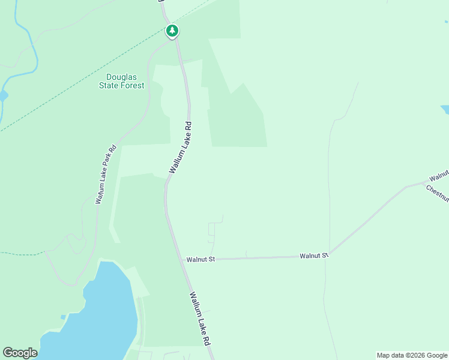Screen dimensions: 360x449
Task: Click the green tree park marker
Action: [172, 31]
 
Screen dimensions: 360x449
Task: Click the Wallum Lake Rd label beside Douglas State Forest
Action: [180, 148]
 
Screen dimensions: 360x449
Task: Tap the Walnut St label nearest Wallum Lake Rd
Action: [200, 260]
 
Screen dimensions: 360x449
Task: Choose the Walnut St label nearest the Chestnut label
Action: [315, 256]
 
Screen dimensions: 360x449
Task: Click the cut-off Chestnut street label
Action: [438, 194]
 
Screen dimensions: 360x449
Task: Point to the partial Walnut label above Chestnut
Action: [439, 176]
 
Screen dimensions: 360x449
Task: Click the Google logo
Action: [20, 353]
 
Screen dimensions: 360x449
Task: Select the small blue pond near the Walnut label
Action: [445, 109]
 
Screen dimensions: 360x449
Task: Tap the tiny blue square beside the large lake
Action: [63, 317]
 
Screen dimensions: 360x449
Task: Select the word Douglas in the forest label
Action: [121, 77]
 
